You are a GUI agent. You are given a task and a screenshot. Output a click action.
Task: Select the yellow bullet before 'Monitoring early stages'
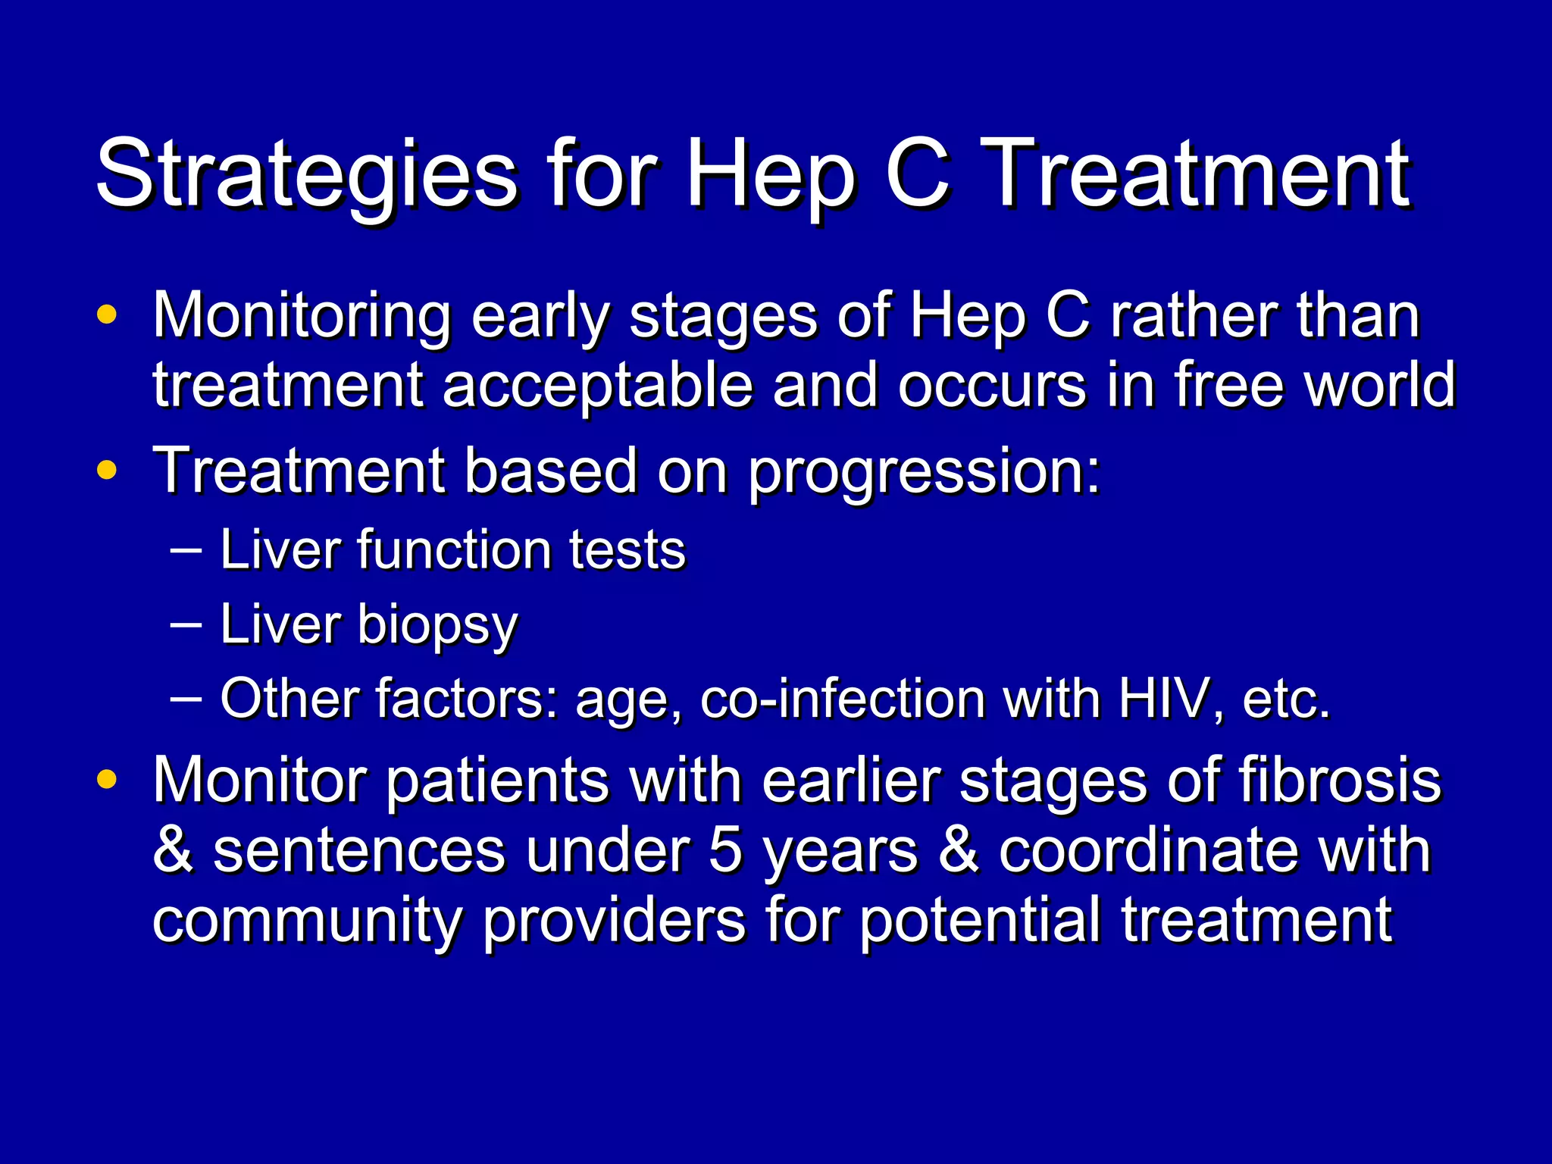coord(108,314)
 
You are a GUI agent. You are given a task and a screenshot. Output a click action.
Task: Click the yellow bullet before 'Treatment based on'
coord(108,471)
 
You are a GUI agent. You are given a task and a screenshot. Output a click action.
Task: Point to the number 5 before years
coord(725,850)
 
